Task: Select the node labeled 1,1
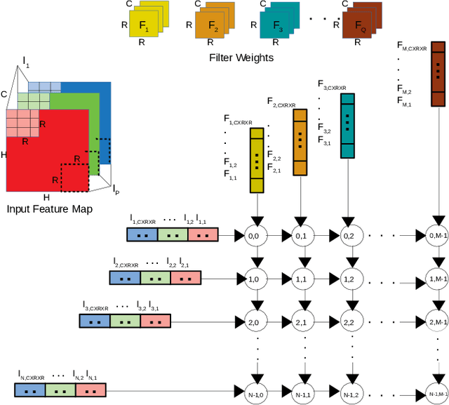300,279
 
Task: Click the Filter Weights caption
241,58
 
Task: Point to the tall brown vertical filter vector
436,73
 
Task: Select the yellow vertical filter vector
256,160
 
